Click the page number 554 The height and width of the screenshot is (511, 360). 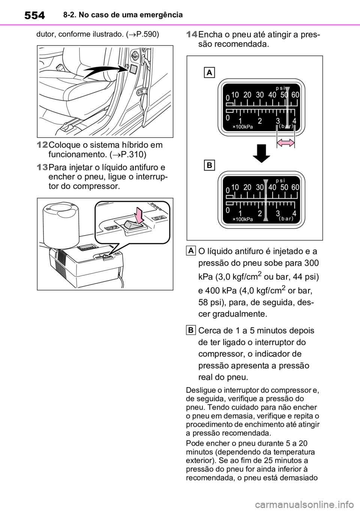click(34, 15)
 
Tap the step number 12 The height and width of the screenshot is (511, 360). click(42, 145)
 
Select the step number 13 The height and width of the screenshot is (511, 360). click(42, 167)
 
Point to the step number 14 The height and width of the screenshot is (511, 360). click(192, 35)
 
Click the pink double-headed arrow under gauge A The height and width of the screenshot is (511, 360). click(286, 143)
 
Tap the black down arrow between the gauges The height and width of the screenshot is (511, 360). click(261, 153)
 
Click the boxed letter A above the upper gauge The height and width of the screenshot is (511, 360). click(209, 72)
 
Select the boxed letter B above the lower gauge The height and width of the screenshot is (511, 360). click(209, 165)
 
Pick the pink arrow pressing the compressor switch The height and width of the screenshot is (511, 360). click(139, 215)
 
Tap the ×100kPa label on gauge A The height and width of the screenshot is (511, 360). click(243, 127)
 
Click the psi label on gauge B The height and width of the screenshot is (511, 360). click(280, 180)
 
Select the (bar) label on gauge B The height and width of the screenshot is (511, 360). click(286, 218)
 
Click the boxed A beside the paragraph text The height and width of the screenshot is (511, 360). click(191, 251)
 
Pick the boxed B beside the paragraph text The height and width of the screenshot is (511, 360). click(191, 330)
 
